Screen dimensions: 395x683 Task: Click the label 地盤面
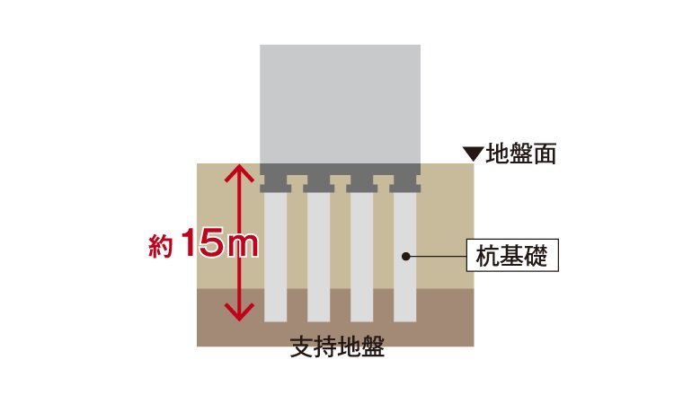click(x=521, y=154)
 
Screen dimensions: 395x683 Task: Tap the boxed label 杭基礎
click(x=512, y=257)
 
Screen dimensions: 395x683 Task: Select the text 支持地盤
click(x=337, y=347)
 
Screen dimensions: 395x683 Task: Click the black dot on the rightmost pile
click(x=406, y=257)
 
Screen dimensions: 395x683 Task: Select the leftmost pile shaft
click(x=275, y=256)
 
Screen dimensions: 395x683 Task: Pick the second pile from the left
click(x=318, y=256)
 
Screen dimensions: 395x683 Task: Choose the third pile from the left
click(x=361, y=256)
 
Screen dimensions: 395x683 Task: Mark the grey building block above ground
click(x=340, y=103)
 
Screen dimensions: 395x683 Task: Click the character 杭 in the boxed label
click(x=485, y=257)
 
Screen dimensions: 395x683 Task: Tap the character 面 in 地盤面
click(x=546, y=154)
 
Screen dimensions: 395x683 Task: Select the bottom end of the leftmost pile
click(x=275, y=318)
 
